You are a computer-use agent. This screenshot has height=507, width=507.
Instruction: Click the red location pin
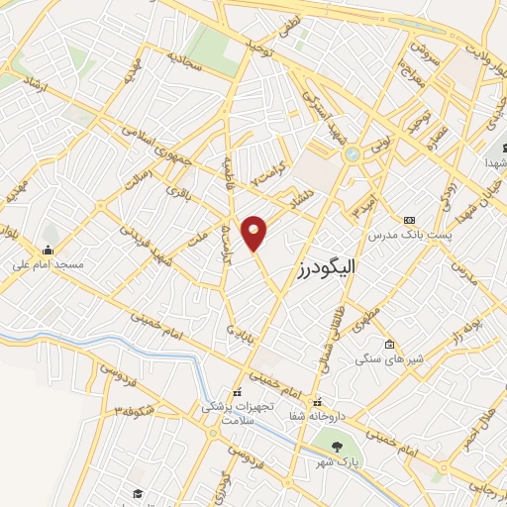click(254, 234)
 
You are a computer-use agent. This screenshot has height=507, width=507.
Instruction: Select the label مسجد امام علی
click(50, 264)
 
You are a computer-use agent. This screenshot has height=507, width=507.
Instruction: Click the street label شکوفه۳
click(135, 409)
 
